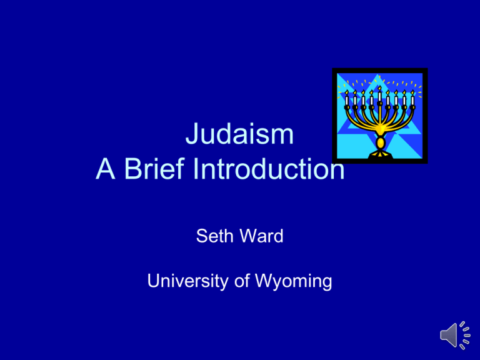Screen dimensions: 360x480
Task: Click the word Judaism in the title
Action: [239, 137]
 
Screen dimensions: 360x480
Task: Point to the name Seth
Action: [213, 237]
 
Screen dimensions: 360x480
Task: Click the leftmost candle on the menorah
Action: [347, 101]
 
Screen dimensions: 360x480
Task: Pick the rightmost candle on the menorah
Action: [412, 101]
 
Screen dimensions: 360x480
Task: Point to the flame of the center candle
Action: [379, 87]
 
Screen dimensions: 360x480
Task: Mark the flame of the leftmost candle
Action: [347, 92]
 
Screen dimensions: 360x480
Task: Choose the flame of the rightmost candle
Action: [412, 92]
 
